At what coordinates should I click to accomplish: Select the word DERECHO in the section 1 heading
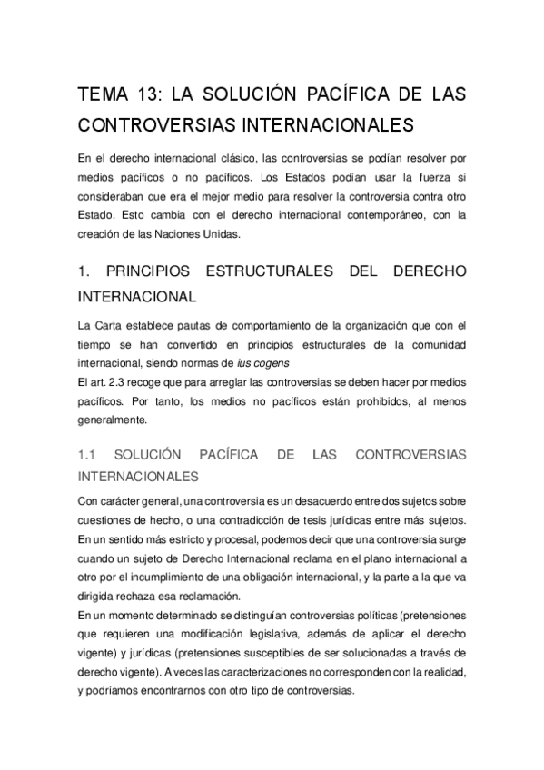pos(430,271)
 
